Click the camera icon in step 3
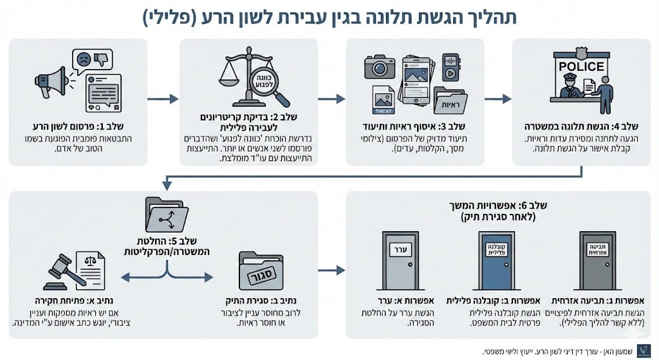380,66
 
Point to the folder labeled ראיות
450,99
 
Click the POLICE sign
581,66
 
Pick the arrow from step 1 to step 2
163,99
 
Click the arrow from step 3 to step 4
497,99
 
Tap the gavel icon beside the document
66,271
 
